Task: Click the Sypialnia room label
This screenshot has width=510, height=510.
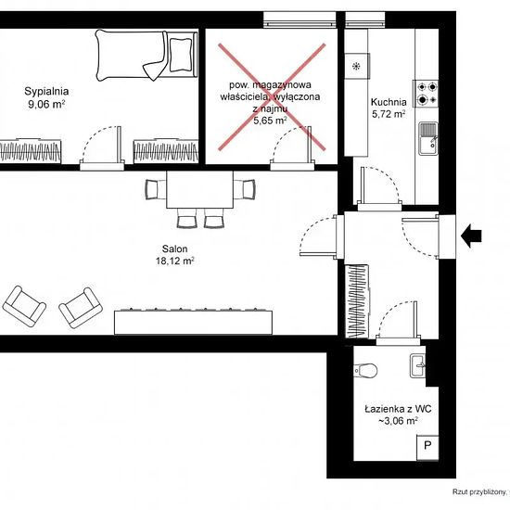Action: point(46,92)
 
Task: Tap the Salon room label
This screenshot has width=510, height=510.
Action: point(174,249)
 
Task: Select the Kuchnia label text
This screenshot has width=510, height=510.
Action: point(389,102)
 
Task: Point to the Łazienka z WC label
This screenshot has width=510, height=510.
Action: point(398,409)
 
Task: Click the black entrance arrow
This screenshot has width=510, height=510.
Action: point(471,236)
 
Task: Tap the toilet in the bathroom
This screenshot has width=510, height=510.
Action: point(365,370)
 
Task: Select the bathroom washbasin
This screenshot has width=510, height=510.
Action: point(417,366)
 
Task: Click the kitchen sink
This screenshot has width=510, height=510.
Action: point(428,138)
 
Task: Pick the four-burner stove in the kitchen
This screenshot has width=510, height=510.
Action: point(427,94)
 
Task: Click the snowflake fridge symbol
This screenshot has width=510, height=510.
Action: point(356,67)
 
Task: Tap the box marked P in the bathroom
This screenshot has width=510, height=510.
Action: point(427,447)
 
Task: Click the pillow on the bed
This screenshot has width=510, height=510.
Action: point(181,55)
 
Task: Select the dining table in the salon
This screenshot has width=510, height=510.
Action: point(199,189)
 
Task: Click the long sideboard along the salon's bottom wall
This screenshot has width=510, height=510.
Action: point(193,322)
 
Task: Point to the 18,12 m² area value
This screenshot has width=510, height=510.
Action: point(175,261)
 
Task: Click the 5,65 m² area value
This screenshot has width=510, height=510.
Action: point(270,121)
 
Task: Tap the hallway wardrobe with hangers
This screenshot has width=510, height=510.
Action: point(357,301)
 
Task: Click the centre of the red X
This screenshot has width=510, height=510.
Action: point(272,97)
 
